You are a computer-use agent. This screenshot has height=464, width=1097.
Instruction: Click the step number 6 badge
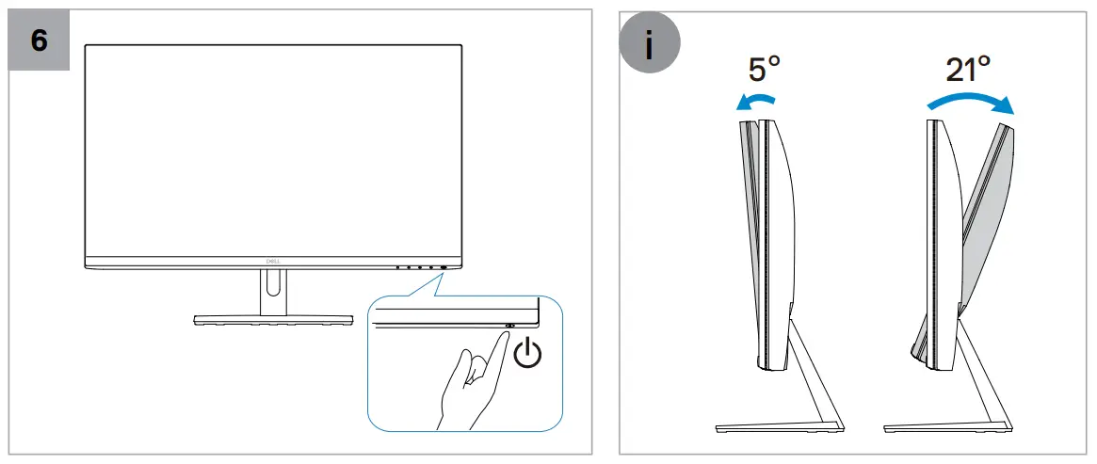pyautogui.click(x=39, y=40)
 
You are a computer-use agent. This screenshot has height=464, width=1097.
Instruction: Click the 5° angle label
pyautogui.click(x=764, y=70)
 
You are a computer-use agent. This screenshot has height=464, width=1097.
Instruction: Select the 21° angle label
pyautogui.click(x=968, y=70)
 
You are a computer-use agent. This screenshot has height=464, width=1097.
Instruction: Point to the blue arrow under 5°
pyautogui.click(x=756, y=101)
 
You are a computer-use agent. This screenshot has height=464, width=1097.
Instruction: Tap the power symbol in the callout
pyautogui.click(x=527, y=354)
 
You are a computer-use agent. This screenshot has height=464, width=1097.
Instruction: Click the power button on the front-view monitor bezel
pyautogui.click(x=444, y=266)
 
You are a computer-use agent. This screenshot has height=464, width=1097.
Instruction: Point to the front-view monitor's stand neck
pyautogui.click(x=274, y=293)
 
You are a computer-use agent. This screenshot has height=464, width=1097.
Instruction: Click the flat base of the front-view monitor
pyautogui.click(x=274, y=320)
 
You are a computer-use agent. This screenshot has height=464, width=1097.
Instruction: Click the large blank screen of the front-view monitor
pyautogui.click(x=274, y=151)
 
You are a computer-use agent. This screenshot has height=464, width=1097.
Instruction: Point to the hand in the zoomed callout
pyautogui.click(x=470, y=377)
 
